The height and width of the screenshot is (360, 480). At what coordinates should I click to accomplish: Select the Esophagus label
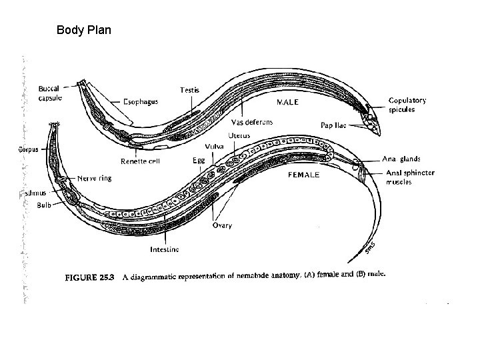(x=141, y=102)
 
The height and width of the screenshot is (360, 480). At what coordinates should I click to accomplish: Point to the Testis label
(x=189, y=90)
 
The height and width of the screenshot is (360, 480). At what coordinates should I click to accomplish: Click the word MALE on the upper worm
(x=287, y=103)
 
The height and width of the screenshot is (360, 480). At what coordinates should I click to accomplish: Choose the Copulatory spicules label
(x=407, y=105)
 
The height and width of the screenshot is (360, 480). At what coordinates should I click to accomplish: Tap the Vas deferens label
(x=252, y=123)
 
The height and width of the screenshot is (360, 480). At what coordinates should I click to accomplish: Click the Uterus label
(x=239, y=135)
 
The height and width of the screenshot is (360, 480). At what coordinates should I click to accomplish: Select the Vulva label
(x=215, y=147)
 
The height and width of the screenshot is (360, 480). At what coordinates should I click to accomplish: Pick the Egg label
(x=199, y=160)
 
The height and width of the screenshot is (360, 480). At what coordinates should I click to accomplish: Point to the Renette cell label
(x=140, y=161)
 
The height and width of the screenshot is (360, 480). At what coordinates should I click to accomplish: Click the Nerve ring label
(x=94, y=178)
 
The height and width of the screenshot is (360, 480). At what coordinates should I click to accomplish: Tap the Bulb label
(x=44, y=205)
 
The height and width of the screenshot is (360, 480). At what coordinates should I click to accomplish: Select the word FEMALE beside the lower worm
(x=303, y=175)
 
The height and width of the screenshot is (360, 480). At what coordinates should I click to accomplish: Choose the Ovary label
(x=222, y=225)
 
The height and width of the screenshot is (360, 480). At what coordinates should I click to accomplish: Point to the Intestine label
(x=165, y=249)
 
